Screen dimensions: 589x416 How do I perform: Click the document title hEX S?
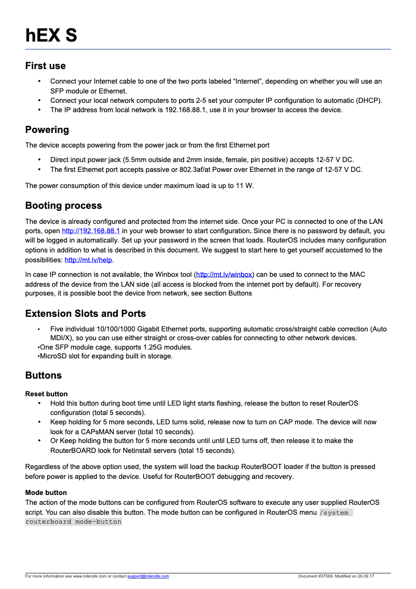51,35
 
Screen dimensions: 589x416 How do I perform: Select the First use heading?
46,66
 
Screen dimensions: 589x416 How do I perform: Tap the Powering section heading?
47,130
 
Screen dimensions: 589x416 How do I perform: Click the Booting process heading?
63,206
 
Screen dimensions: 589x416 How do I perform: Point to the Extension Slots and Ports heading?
86,314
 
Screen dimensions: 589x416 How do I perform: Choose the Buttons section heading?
44,376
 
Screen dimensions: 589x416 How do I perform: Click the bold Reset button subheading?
46,394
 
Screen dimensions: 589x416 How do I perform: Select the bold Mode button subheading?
46,492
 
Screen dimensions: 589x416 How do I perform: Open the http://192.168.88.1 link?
91,231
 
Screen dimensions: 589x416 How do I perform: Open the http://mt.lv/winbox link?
224,274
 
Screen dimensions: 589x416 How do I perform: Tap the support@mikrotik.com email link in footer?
148,576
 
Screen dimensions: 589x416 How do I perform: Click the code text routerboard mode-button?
73,521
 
